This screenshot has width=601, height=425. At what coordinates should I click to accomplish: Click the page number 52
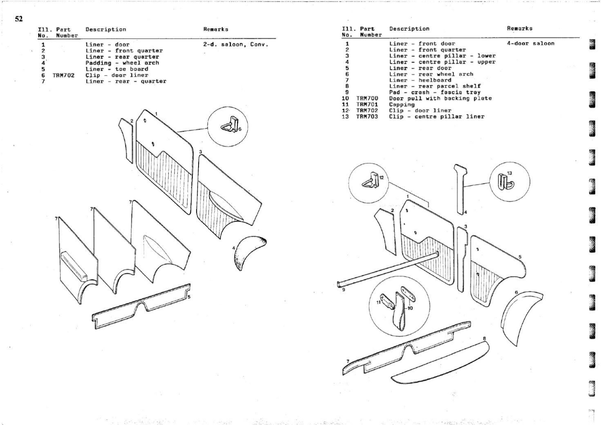(19, 19)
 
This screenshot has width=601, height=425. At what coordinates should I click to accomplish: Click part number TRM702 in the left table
(63, 75)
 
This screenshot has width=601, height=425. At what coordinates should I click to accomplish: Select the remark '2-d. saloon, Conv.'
(236, 45)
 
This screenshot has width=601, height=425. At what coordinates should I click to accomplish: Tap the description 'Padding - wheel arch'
(122, 63)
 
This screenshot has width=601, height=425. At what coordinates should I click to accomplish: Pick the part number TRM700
(367, 98)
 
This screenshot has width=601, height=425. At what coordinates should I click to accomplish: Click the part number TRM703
(367, 117)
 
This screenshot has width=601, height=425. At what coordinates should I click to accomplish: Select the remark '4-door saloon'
(531, 43)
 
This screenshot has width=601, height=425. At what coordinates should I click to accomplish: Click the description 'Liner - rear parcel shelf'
(435, 86)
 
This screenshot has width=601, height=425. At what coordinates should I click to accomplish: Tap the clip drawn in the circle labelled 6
(230, 125)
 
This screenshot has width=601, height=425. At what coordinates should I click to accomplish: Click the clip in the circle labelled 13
(505, 182)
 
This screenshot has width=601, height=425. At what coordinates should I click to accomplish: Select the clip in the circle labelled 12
(371, 180)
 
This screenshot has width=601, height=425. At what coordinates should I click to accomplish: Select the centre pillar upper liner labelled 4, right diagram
(460, 188)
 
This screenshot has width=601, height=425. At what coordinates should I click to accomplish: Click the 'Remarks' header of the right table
(520, 29)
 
